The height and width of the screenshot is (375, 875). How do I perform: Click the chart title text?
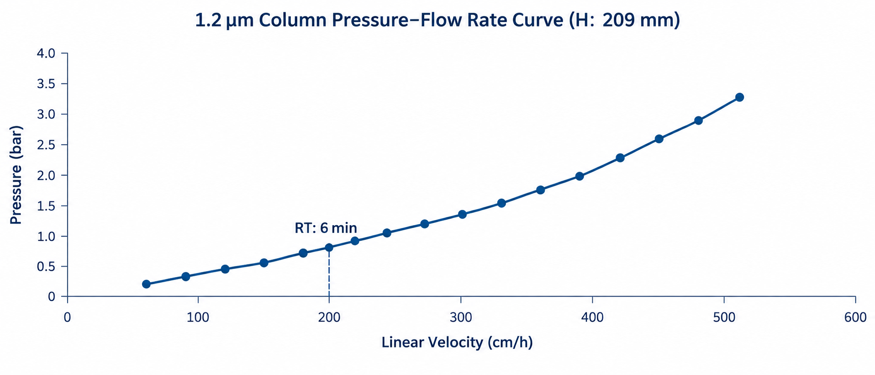tap(437, 21)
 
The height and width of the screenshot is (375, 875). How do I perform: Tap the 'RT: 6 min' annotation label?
tap(326, 228)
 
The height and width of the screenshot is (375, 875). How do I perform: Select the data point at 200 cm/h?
tap(329, 248)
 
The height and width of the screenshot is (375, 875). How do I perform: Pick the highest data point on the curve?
tap(739, 97)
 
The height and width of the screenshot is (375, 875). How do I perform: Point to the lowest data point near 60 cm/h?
tap(146, 284)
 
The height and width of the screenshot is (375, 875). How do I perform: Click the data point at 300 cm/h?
tap(462, 214)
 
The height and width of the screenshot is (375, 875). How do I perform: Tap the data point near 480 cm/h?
tap(698, 121)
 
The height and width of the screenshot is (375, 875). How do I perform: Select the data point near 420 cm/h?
tap(620, 158)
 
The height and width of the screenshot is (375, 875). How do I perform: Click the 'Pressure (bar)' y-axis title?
tap(16, 175)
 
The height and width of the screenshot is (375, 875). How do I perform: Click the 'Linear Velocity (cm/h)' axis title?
tap(457, 342)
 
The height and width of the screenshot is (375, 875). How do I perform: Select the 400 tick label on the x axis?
tap(593, 317)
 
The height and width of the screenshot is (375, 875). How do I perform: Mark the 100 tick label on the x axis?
tap(198, 317)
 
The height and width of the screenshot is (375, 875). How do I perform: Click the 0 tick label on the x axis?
tap(68, 317)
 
